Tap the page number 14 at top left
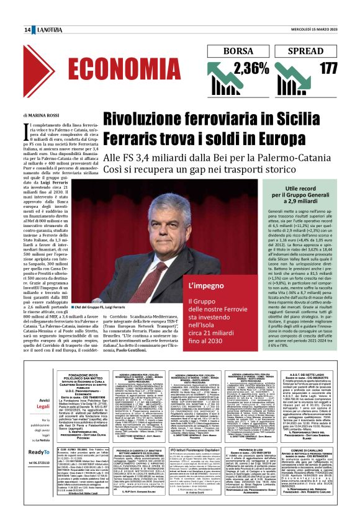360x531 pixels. [28, 30]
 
